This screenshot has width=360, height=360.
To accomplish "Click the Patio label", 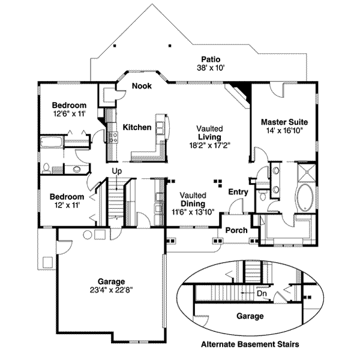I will click(x=211, y=59).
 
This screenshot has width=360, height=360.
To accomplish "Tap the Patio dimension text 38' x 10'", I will click(x=211, y=68).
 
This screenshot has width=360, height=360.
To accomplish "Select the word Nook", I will click(x=142, y=86).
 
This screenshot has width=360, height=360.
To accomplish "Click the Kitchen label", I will click(x=137, y=127).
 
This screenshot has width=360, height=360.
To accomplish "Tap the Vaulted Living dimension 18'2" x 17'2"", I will click(x=210, y=145).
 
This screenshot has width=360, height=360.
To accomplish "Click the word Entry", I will click(x=238, y=192).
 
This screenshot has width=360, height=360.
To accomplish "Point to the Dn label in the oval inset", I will click(x=262, y=295).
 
